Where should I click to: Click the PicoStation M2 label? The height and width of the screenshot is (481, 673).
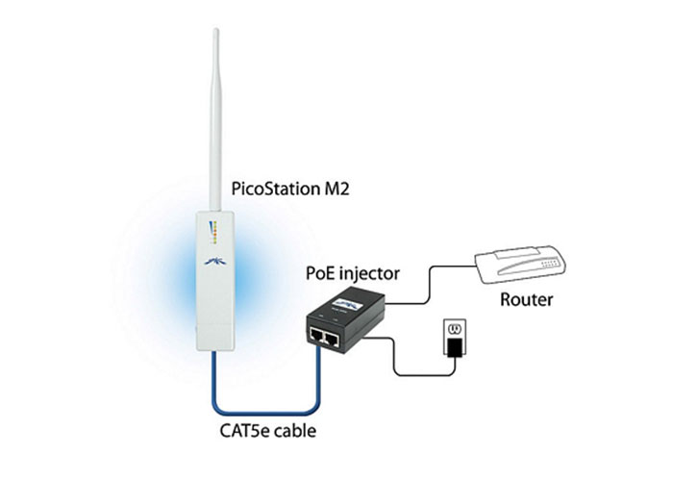tap(290, 189)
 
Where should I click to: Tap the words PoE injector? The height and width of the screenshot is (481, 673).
tap(353, 273)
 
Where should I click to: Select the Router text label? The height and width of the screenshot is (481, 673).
tap(527, 299)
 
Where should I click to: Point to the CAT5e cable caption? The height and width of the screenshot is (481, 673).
tap(268, 431)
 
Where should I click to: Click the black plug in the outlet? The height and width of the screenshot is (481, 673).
tap(455, 347)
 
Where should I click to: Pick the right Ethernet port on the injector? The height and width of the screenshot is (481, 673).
tap(332, 340)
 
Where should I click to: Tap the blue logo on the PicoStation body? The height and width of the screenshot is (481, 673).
tap(215, 262)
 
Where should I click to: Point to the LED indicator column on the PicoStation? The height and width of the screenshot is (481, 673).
tap(215, 233)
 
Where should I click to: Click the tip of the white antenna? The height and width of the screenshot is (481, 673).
tap(216, 30)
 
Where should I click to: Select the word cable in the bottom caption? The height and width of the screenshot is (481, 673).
tap(295, 431)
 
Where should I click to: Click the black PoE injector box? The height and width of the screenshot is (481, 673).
tap(345, 320)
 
